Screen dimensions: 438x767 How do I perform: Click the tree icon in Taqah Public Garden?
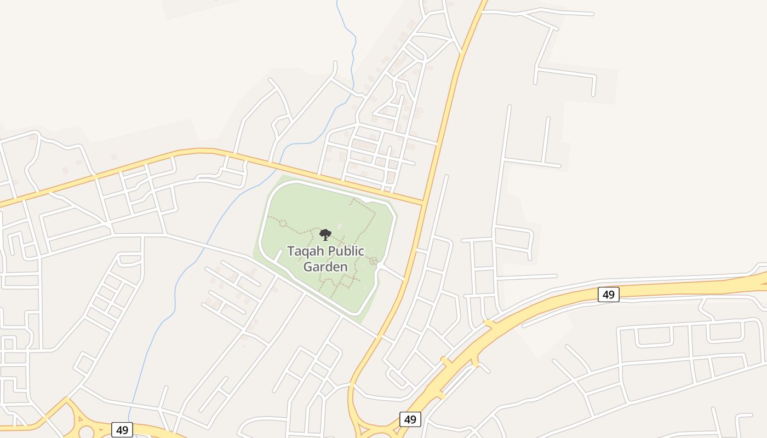325,235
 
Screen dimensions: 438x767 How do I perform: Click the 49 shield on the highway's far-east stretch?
608,295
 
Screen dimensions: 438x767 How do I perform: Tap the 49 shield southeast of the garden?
410,419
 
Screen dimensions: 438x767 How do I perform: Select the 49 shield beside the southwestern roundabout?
122,430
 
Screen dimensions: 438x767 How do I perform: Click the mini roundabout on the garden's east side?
380,266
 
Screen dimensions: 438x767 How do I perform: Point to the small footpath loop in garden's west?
283,223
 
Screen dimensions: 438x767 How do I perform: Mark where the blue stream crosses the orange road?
281,162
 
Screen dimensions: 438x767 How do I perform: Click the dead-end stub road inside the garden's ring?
278,256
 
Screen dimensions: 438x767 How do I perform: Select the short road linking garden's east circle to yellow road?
392,273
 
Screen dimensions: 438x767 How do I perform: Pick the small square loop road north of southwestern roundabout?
86,362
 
